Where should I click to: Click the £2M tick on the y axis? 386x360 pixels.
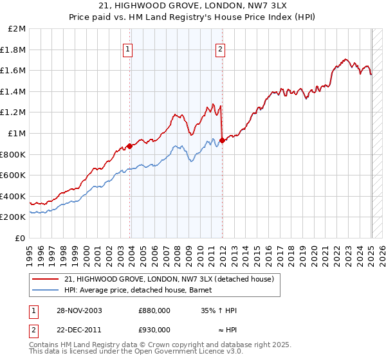18,29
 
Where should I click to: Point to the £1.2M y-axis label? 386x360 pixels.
14,113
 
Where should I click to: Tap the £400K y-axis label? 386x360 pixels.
14,196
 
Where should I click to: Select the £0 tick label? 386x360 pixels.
21,238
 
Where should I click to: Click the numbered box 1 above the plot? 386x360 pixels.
127,49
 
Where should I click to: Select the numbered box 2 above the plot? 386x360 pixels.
220,49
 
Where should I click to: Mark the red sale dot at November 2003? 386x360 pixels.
130,146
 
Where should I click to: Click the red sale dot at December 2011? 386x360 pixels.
222,140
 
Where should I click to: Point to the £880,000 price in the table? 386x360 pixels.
154,310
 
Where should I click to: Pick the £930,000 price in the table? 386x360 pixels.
154,330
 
